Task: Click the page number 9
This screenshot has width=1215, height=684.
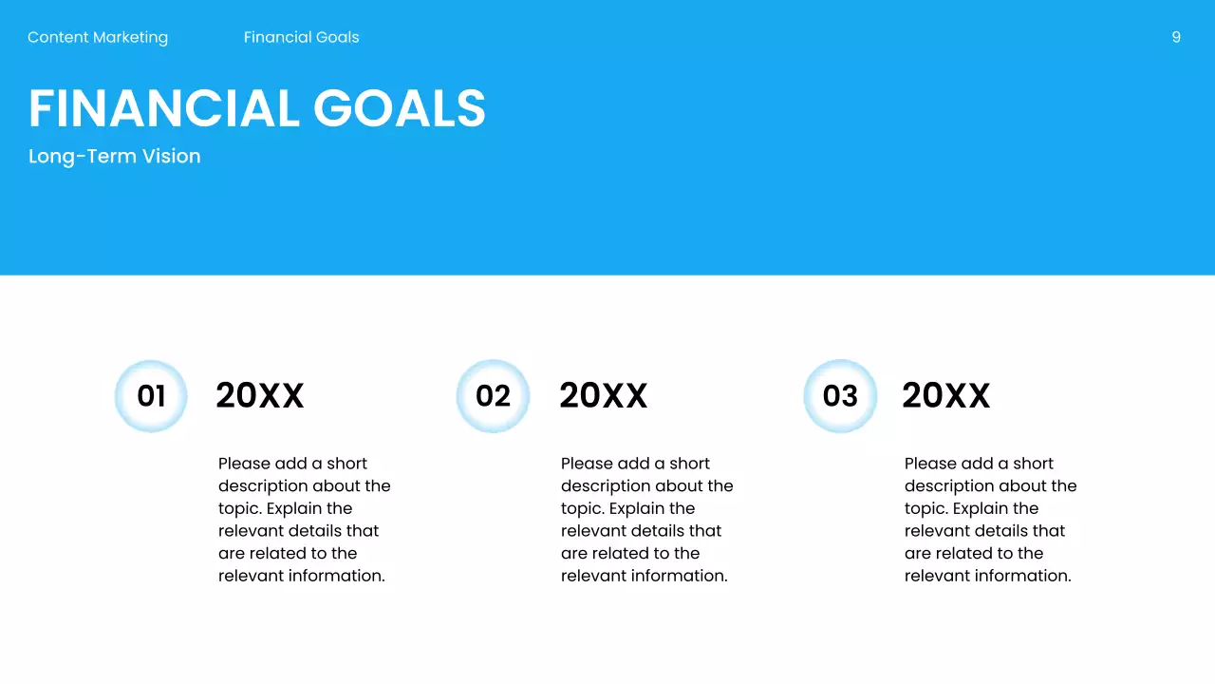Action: (x=1176, y=37)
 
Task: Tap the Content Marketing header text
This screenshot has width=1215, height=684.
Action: (x=98, y=37)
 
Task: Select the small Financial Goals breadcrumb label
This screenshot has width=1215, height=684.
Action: (x=301, y=37)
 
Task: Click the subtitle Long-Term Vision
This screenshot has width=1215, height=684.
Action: (x=114, y=156)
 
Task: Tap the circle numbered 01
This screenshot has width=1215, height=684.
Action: (x=151, y=396)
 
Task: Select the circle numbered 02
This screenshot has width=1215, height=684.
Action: (x=493, y=396)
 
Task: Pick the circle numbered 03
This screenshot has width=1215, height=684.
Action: (x=840, y=396)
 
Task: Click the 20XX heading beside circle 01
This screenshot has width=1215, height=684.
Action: (x=259, y=396)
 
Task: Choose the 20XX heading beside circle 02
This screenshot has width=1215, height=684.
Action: (x=603, y=396)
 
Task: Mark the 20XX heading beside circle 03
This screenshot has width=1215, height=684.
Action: (x=945, y=396)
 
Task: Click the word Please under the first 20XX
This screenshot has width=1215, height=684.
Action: (x=244, y=464)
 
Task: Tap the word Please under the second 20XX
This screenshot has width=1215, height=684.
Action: (x=587, y=464)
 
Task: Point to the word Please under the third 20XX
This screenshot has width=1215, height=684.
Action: (x=930, y=464)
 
